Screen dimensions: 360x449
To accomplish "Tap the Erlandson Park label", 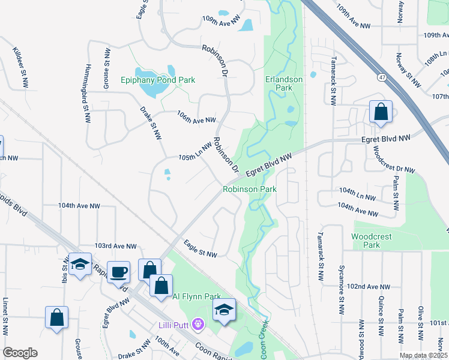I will coord(279,83).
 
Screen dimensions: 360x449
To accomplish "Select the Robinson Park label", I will coord(250,189).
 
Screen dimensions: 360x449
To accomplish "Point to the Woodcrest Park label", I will coord(372,241).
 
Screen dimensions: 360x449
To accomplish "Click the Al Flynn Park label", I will coord(196,296).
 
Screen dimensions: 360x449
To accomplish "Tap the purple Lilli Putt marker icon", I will coord(199,325).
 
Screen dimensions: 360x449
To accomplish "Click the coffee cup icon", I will coord(118,271).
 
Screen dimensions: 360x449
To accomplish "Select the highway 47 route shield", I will coord(382,77).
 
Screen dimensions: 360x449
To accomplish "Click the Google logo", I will coord(20,352).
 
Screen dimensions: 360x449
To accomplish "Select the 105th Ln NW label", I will coord(196,152).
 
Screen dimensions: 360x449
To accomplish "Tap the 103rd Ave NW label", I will coord(116,246).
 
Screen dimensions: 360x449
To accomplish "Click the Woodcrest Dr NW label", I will coord(394,160).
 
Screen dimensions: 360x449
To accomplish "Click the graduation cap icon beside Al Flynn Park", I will coord(224,310).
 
